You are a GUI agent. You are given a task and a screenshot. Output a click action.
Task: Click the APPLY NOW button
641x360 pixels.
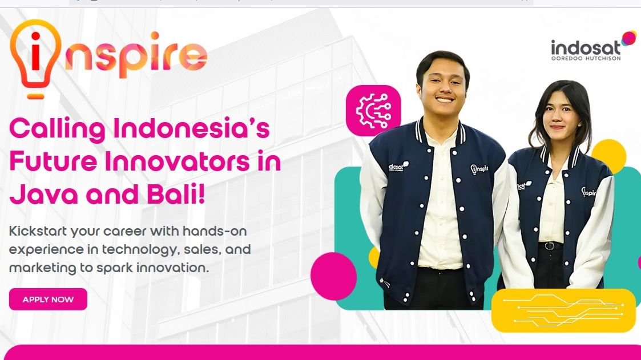point(48,299)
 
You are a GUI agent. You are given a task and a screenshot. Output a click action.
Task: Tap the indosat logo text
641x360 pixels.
point(586,48)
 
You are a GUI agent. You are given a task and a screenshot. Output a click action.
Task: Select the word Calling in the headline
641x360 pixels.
point(58,129)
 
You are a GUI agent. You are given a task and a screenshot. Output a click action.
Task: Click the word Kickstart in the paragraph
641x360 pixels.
point(38,231)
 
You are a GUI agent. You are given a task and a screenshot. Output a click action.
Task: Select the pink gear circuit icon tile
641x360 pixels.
point(373,110)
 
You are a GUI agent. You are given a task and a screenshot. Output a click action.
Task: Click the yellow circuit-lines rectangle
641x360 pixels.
point(563,310)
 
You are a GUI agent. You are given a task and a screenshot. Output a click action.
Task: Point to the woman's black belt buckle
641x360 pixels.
point(550,246)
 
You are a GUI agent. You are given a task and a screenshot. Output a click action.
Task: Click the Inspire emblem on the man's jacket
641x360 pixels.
point(479,168)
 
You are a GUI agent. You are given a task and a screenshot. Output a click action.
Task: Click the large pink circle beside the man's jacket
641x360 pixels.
point(333,276)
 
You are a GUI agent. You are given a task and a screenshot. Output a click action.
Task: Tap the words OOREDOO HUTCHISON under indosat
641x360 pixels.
point(586,58)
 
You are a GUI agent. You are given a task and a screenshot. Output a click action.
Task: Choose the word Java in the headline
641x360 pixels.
point(43,195)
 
